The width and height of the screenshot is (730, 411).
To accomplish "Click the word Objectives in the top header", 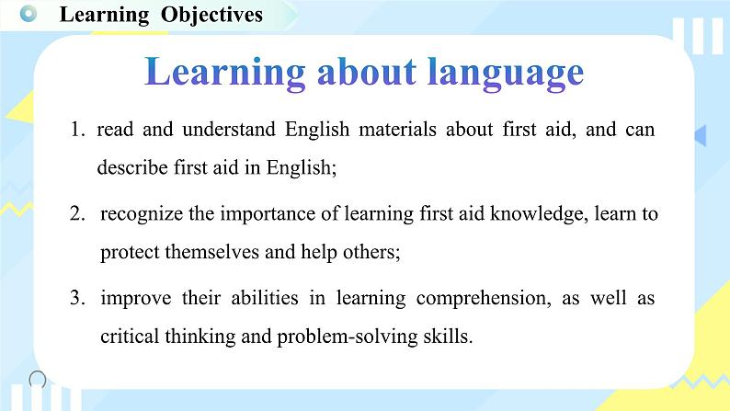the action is point(211,15).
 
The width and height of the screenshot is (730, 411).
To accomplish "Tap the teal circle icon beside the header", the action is point(29,14).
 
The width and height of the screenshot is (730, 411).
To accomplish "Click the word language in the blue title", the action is point(505,73).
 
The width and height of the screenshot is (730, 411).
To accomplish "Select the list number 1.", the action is point(77,130).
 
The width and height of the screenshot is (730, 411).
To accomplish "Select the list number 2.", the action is point(77,213).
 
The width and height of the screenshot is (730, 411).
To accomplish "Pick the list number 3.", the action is point(77,298).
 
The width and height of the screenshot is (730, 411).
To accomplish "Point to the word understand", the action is point(229,130).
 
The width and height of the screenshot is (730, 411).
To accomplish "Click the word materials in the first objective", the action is point(397,130).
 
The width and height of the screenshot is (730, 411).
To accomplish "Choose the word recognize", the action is point(142,214).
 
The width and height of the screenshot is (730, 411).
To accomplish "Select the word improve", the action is point(136,299).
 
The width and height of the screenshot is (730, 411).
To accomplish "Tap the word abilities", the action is point(265,298).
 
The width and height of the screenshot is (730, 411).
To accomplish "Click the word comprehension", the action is point(484,299).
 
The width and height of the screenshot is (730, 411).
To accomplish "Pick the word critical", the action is point(130,336).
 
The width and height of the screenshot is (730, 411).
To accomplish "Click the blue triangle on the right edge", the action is point(701,135).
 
